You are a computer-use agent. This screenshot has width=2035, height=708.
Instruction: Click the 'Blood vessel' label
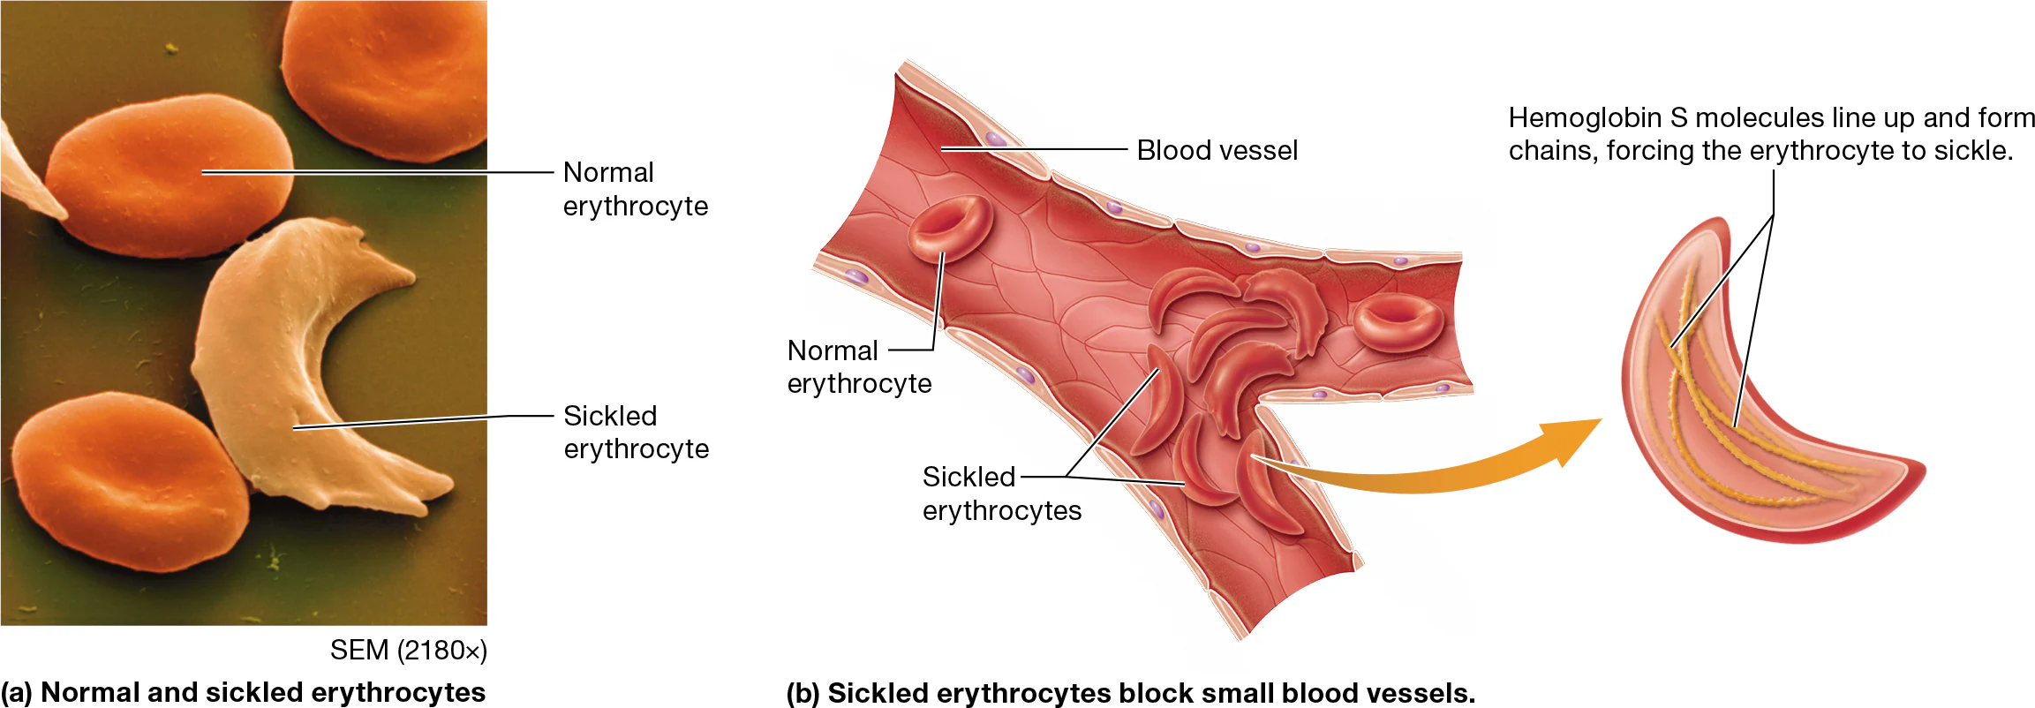[1217, 150]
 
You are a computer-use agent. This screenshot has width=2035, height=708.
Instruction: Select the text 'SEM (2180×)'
[408, 651]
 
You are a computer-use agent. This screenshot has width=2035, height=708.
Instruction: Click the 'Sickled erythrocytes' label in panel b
[1001, 493]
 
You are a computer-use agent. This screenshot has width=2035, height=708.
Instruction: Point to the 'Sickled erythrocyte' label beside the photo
[636, 432]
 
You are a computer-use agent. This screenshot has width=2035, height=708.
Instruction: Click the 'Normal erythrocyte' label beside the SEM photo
[635, 189]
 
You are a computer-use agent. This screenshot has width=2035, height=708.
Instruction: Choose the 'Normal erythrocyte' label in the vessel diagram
[858, 366]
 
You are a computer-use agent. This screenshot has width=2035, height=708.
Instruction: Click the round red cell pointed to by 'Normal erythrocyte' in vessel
[949, 228]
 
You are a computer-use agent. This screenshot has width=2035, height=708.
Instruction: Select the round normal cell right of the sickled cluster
[1398, 322]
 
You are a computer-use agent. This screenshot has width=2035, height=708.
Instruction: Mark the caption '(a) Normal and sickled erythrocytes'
[243, 692]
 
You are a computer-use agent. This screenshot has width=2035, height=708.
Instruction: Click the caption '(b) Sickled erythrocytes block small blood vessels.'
[1130, 693]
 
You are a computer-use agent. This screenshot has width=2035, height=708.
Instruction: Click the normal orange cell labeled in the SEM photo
[168, 177]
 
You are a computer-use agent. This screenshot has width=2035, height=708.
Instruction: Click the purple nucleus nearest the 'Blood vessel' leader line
[996, 139]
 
